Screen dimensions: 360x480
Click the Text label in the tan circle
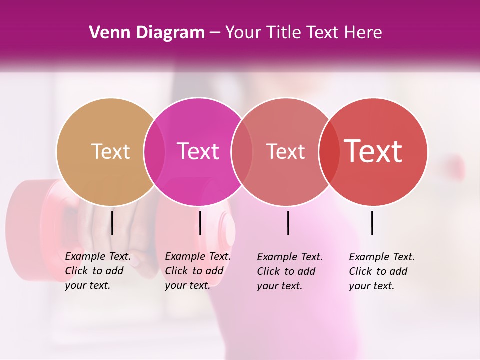point(110,151)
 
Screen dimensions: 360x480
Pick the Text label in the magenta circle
point(198,151)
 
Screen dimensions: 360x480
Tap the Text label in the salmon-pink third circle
point(285,151)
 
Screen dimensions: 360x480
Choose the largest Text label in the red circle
point(373,151)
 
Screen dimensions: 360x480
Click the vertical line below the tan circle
point(112,223)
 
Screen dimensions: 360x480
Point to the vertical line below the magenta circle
point(200,223)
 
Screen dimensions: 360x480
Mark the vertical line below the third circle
point(288,223)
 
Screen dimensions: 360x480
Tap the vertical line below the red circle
point(372,223)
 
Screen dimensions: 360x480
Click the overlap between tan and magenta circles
point(154,152)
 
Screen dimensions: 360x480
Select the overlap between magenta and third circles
point(242,152)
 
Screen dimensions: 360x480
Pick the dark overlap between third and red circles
point(329,152)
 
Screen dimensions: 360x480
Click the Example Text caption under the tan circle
point(98,271)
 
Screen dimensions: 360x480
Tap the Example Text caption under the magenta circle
point(198,271)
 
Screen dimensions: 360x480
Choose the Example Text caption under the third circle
point(290,271)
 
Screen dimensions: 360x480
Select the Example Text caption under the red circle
point(382,271)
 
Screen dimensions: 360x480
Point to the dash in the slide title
point(215,33)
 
